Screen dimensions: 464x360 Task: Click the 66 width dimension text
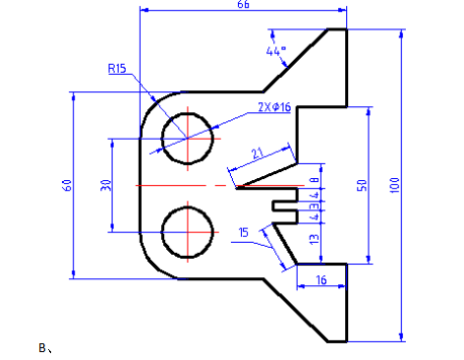coord(243,4)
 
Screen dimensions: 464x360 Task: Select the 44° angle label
coord(276,51)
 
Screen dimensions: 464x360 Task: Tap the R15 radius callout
coord(117,69)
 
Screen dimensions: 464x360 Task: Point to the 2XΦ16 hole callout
coord(274,107)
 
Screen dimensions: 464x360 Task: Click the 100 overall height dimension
coord(395,185)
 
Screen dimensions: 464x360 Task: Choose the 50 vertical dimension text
coord(362,185)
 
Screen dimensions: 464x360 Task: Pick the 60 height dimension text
coord(67,185)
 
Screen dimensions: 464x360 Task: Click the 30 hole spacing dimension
coord(105,185)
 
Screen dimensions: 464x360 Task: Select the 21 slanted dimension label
coord(258,153)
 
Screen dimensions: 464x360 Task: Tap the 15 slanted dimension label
coord(244,232)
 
